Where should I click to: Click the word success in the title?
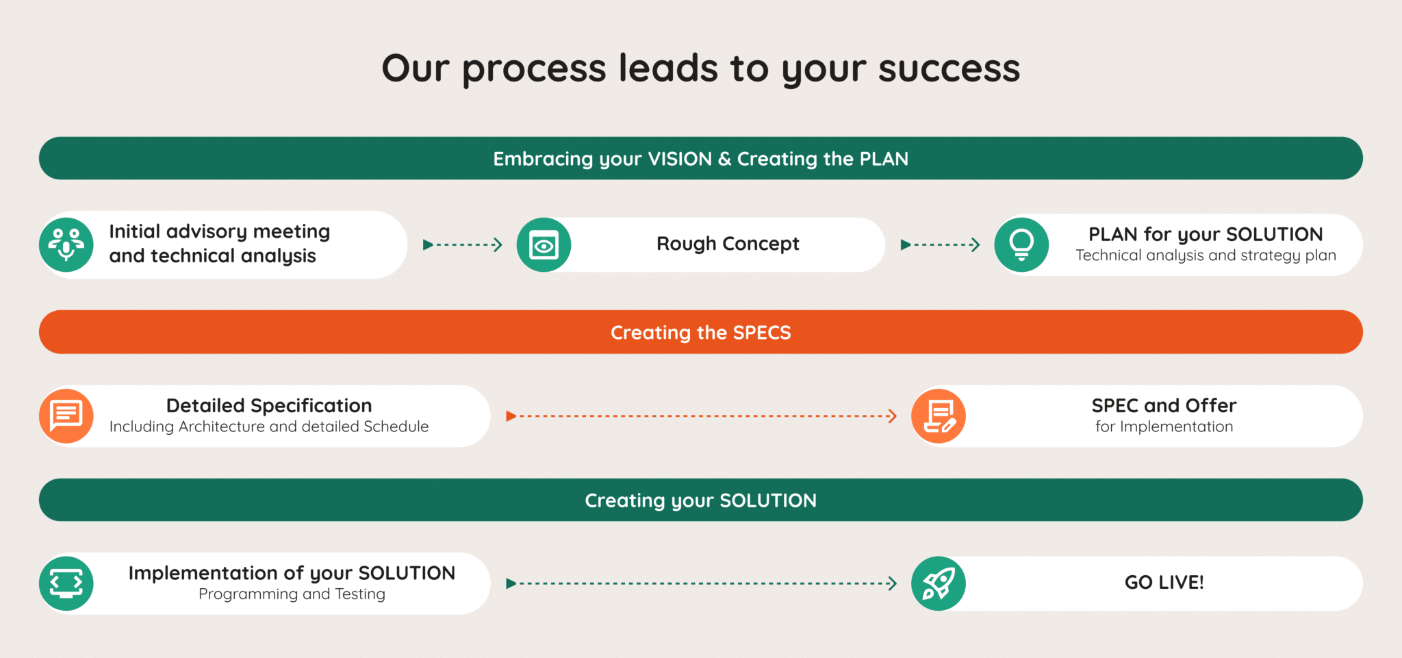tap(949, 68)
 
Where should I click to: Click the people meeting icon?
tap(66, 244)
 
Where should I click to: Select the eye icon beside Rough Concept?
tap(544, 245)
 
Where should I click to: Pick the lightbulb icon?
tap(1021, 244)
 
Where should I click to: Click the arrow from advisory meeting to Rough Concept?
tap(463, 244)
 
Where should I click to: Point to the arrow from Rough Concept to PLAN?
tap(941, 244)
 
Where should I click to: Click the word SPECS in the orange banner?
tap(761, 333)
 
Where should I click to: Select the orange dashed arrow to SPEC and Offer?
tap(701, 416)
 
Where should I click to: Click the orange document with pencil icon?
tap(939, 416)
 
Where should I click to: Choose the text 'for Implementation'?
tap(1164, 427)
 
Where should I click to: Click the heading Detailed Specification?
tap(269, 405)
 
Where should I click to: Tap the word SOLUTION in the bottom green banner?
tap(767, 501)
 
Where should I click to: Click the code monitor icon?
tap(66, 583)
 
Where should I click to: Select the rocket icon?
tap(939, 583)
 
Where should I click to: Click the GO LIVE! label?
tap(1164, 583)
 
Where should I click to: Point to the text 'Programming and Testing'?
tap(292, 594)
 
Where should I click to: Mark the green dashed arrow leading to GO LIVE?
tap(701, 583)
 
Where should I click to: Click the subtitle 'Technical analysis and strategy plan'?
tap(1206, 255)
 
